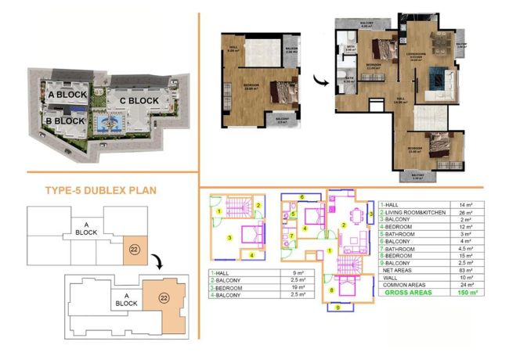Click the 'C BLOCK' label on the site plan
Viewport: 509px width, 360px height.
coord(139,101)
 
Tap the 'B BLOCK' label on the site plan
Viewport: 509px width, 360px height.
coord(64,121)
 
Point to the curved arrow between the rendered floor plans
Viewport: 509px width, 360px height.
coord(319,80)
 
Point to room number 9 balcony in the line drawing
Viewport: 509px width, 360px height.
coord(339,308)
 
